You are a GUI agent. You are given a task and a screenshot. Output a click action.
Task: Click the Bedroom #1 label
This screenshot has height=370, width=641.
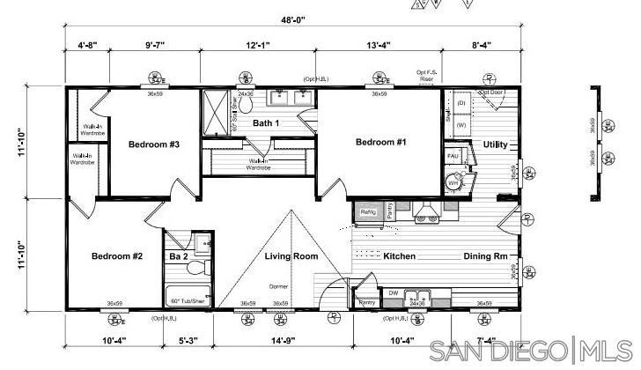click(380, 143)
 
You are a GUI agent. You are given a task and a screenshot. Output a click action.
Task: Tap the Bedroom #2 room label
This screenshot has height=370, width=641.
click(117, 256)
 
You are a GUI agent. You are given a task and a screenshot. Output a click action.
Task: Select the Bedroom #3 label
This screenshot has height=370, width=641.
click(154, 144)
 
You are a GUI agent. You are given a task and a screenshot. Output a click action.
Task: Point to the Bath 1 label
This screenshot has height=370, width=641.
click(266, 123)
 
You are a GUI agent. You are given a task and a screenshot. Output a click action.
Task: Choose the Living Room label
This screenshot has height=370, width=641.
click(291, 256)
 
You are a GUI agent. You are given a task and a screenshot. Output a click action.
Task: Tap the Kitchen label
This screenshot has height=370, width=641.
click(399, 256)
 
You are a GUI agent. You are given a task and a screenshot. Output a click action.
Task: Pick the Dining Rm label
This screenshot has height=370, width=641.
click(486, 256)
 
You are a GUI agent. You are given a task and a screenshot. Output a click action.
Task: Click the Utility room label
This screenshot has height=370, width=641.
click(495, 144)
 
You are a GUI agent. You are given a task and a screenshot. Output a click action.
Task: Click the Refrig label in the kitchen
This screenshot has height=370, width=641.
click(368, 212)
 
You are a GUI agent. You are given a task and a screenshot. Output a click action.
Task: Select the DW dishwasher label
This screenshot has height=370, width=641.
click(393, 293)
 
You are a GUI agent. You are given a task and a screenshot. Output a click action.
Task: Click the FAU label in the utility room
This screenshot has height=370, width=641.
click(453, 156)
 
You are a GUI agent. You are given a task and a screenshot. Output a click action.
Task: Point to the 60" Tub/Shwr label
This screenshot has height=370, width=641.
click(188, 300)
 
